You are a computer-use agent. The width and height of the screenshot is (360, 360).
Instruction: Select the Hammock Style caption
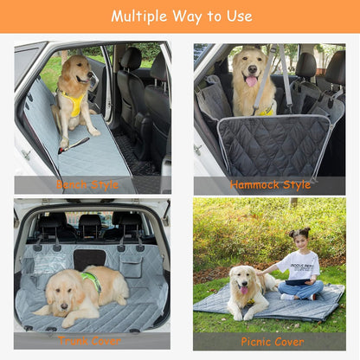270,185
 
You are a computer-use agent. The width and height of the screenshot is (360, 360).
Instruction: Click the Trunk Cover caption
90,341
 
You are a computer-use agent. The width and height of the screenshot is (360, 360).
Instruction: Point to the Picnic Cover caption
272,341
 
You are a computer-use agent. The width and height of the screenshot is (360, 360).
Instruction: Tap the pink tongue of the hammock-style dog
252,81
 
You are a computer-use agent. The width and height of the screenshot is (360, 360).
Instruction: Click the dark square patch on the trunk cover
88,259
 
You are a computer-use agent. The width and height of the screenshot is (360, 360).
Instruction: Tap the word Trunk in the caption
74,341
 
